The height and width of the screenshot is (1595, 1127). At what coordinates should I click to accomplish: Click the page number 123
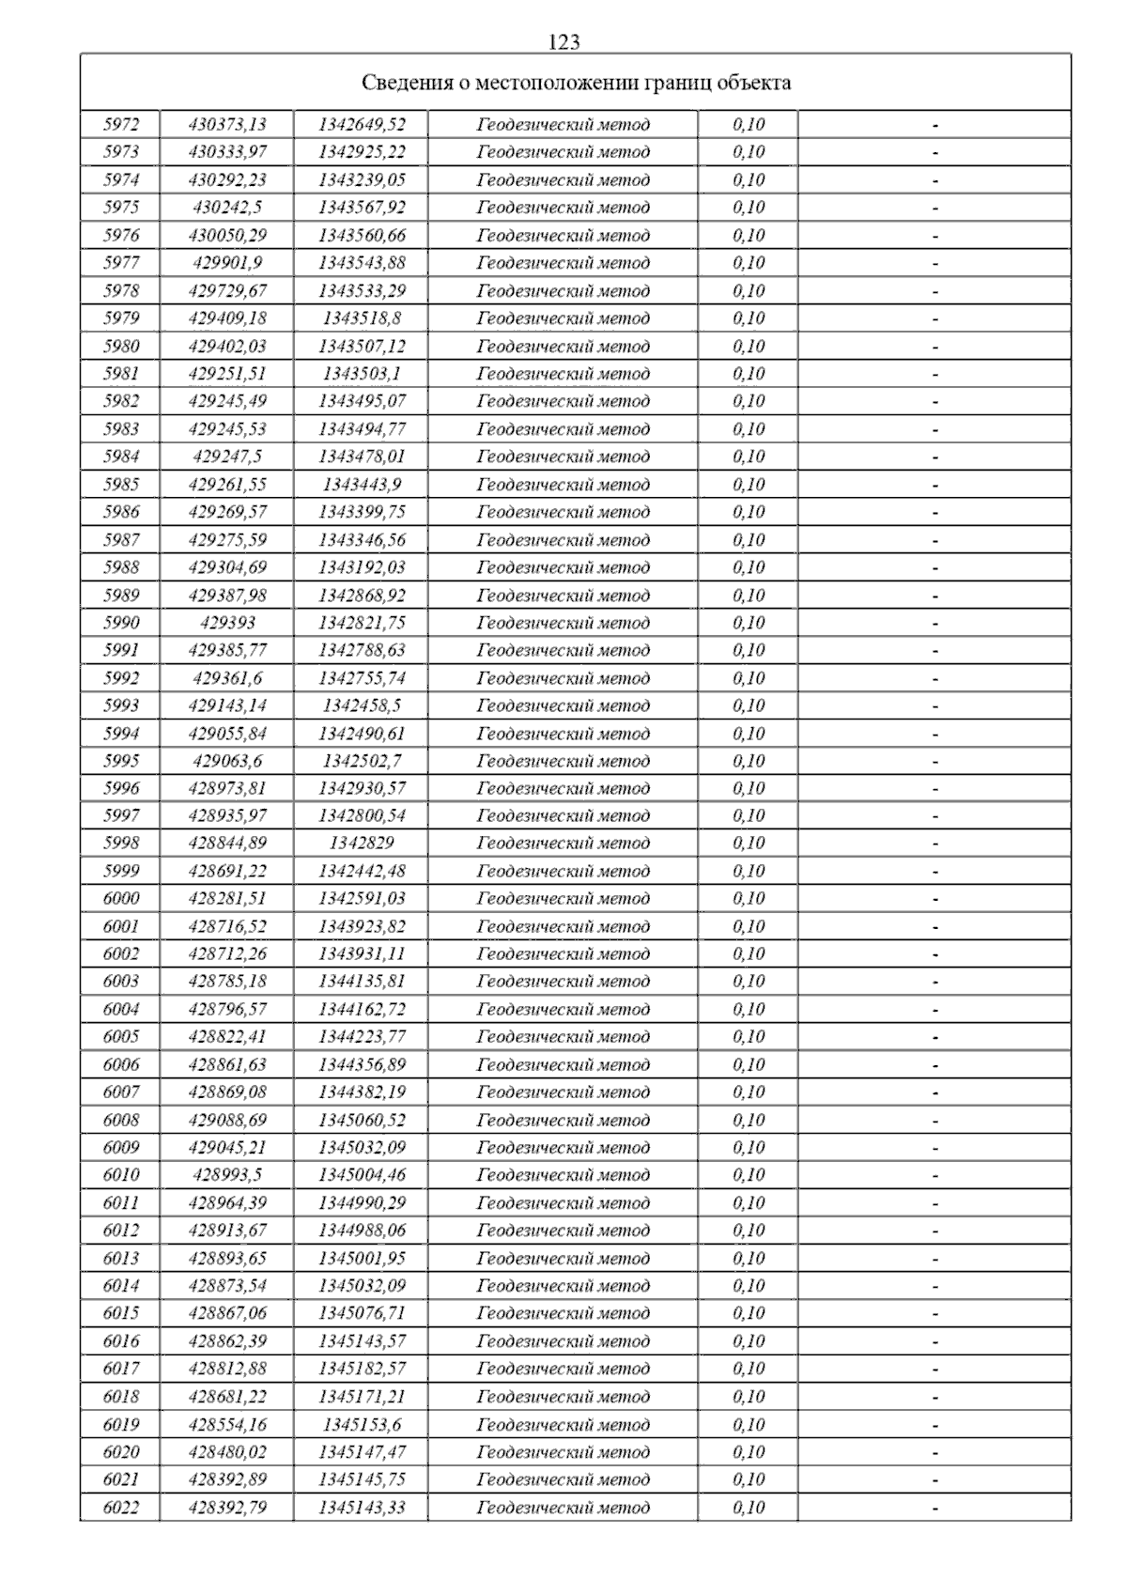(563, 42)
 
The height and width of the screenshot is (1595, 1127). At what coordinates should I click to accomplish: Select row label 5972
(121, 124)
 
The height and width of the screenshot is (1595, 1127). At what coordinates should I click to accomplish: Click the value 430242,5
(227, 208)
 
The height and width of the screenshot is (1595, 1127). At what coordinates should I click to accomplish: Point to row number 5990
(121, 623)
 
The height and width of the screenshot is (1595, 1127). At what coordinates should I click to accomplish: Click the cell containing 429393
(227, 623)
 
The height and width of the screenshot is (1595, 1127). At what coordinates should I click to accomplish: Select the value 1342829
(362, 844)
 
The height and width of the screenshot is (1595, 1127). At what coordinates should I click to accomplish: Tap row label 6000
(121, 899)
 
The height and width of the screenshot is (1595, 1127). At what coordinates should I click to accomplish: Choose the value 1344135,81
(362, 982)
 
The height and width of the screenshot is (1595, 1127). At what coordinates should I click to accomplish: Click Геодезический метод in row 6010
(563, 1175)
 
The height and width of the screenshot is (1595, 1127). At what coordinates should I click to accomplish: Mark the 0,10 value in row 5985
(749, 485)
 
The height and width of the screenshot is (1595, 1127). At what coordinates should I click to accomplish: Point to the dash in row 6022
(935, 1509)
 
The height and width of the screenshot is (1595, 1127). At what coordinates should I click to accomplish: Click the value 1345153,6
(362, 1425)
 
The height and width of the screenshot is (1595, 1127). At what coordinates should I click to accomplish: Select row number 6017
(121, 1369)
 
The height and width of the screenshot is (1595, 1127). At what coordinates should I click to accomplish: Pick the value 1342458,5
(362, 705)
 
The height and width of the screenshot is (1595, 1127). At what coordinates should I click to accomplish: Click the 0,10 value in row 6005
(749, 1037)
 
